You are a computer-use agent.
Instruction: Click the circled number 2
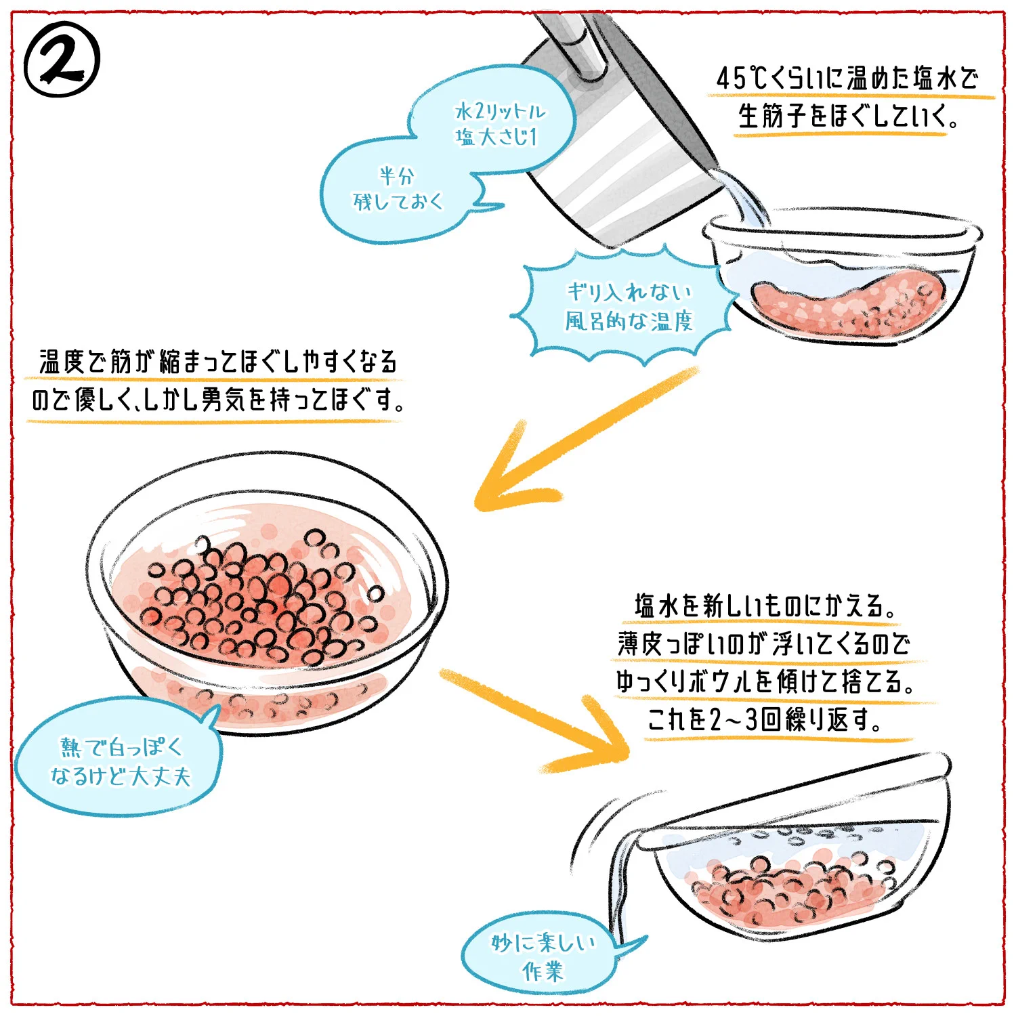[x=62, y=60]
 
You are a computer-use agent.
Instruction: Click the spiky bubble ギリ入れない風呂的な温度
[x=627, y=306]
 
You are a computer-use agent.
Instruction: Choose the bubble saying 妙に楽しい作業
[x=542, y=956]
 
